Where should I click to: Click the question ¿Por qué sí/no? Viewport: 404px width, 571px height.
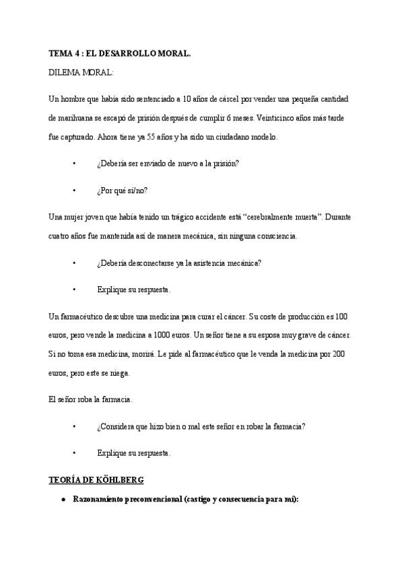[123, 190]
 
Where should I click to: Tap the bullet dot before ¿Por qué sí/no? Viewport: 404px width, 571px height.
[74, 190]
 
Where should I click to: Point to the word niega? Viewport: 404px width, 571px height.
[119, 372]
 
